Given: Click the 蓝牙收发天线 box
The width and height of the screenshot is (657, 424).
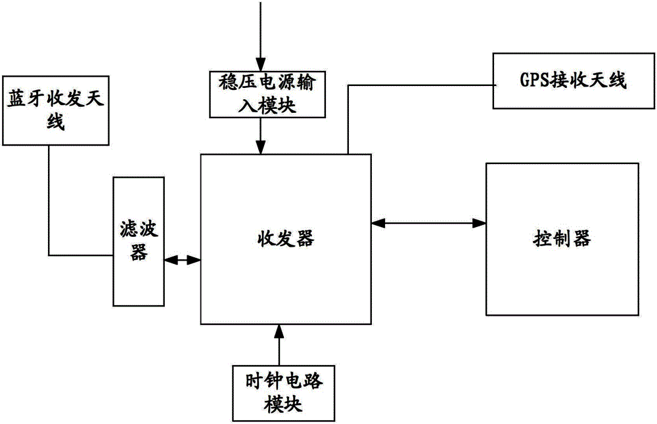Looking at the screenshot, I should (55, 111).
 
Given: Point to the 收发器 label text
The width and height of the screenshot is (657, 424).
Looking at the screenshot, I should (285, 239).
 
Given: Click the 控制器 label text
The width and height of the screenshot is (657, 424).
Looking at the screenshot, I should (561, 239).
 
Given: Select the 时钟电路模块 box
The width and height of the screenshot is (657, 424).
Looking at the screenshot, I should (279, 392).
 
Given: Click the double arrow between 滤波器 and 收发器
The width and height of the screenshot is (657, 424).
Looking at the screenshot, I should (182, 260).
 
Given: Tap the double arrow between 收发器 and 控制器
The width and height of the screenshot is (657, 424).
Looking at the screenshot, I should (428, 224).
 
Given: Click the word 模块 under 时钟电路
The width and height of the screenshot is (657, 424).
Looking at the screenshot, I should (279, 404).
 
